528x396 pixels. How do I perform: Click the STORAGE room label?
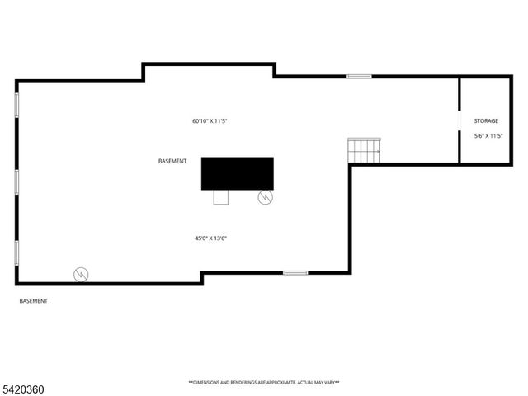pos(486,121)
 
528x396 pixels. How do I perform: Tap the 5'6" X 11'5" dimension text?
pos(488,135)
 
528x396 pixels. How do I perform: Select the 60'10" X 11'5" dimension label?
pos(210,121)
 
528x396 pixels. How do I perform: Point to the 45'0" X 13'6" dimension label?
pos(210,238)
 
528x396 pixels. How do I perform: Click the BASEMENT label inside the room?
pos(172,161)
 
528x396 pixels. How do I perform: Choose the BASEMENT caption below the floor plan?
pos(34,301)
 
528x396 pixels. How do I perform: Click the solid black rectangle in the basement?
pos(238,173)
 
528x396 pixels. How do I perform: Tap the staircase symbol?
pos(364,151)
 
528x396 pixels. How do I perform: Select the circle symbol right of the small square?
pos(265,197)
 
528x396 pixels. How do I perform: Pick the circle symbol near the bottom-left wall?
pos(81,275)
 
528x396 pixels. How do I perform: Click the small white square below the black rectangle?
pos(220,196)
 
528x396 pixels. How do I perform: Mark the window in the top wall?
pos(359,77)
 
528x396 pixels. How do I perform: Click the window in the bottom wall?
pos(295,272)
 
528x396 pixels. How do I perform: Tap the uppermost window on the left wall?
pos(16,105)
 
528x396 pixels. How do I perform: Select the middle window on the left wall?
pos(16,181)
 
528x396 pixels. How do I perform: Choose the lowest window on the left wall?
pos(16,252)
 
